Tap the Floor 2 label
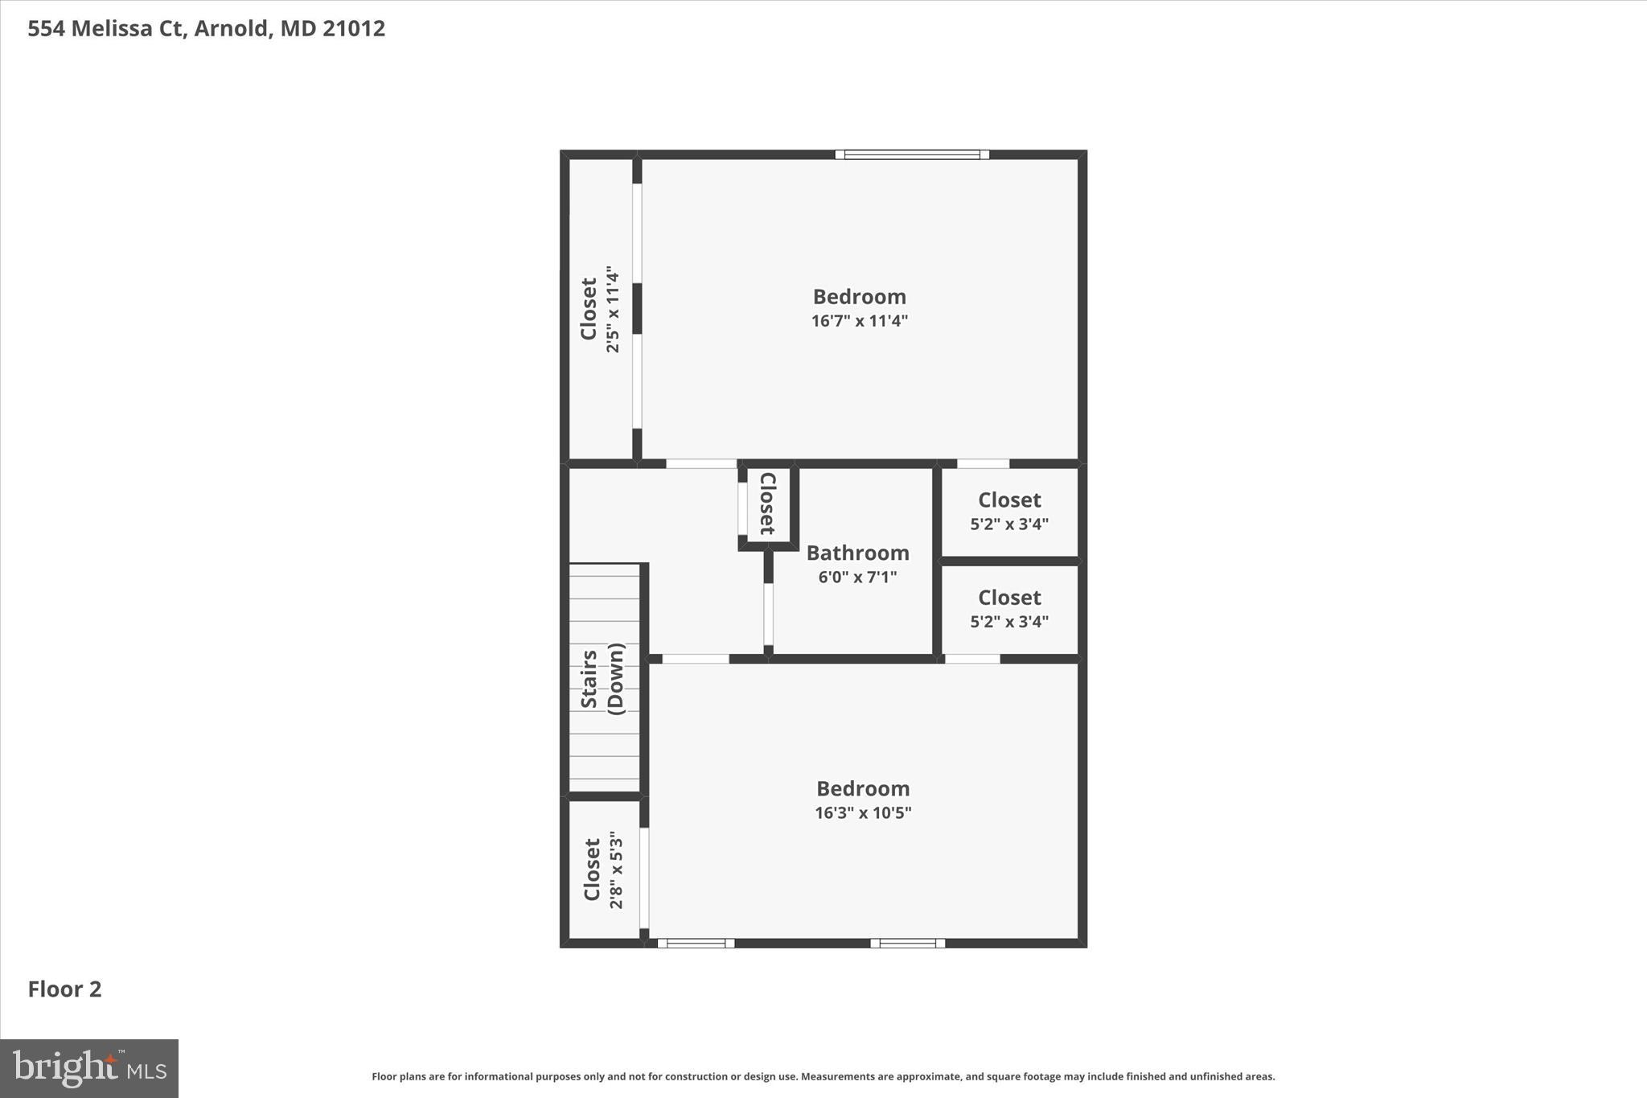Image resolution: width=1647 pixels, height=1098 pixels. point(65,989)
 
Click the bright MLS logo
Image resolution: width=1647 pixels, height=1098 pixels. point(89,1068)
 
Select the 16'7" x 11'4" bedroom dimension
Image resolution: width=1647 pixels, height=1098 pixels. point(859,321)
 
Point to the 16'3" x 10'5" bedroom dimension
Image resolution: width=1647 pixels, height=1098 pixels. point(863,812)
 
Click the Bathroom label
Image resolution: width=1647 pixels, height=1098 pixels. point(857,553)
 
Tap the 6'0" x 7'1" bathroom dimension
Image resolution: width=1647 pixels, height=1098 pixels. point(857,577)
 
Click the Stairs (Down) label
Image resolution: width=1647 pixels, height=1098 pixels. point(602,679)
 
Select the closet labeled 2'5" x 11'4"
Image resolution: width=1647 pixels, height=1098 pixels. point(600,310)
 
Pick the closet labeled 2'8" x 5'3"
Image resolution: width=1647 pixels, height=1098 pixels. point(603,870)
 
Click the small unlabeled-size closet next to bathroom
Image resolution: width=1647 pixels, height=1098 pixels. point(768,504)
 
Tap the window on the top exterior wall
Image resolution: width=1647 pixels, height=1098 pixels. point(911,154)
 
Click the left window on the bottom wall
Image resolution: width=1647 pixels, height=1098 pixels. point(696,943)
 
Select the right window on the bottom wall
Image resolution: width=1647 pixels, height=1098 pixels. point(907,943)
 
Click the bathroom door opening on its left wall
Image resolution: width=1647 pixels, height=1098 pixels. point(768,614)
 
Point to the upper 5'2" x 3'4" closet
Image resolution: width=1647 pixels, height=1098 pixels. point(1009,512)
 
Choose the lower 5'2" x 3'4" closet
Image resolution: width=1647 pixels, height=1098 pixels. point(1009,609)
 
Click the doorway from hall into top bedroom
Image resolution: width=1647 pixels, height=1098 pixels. point(701,463)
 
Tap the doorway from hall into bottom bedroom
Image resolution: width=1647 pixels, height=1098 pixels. point(696,659)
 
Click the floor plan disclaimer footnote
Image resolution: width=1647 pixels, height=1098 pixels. point(823,1076)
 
